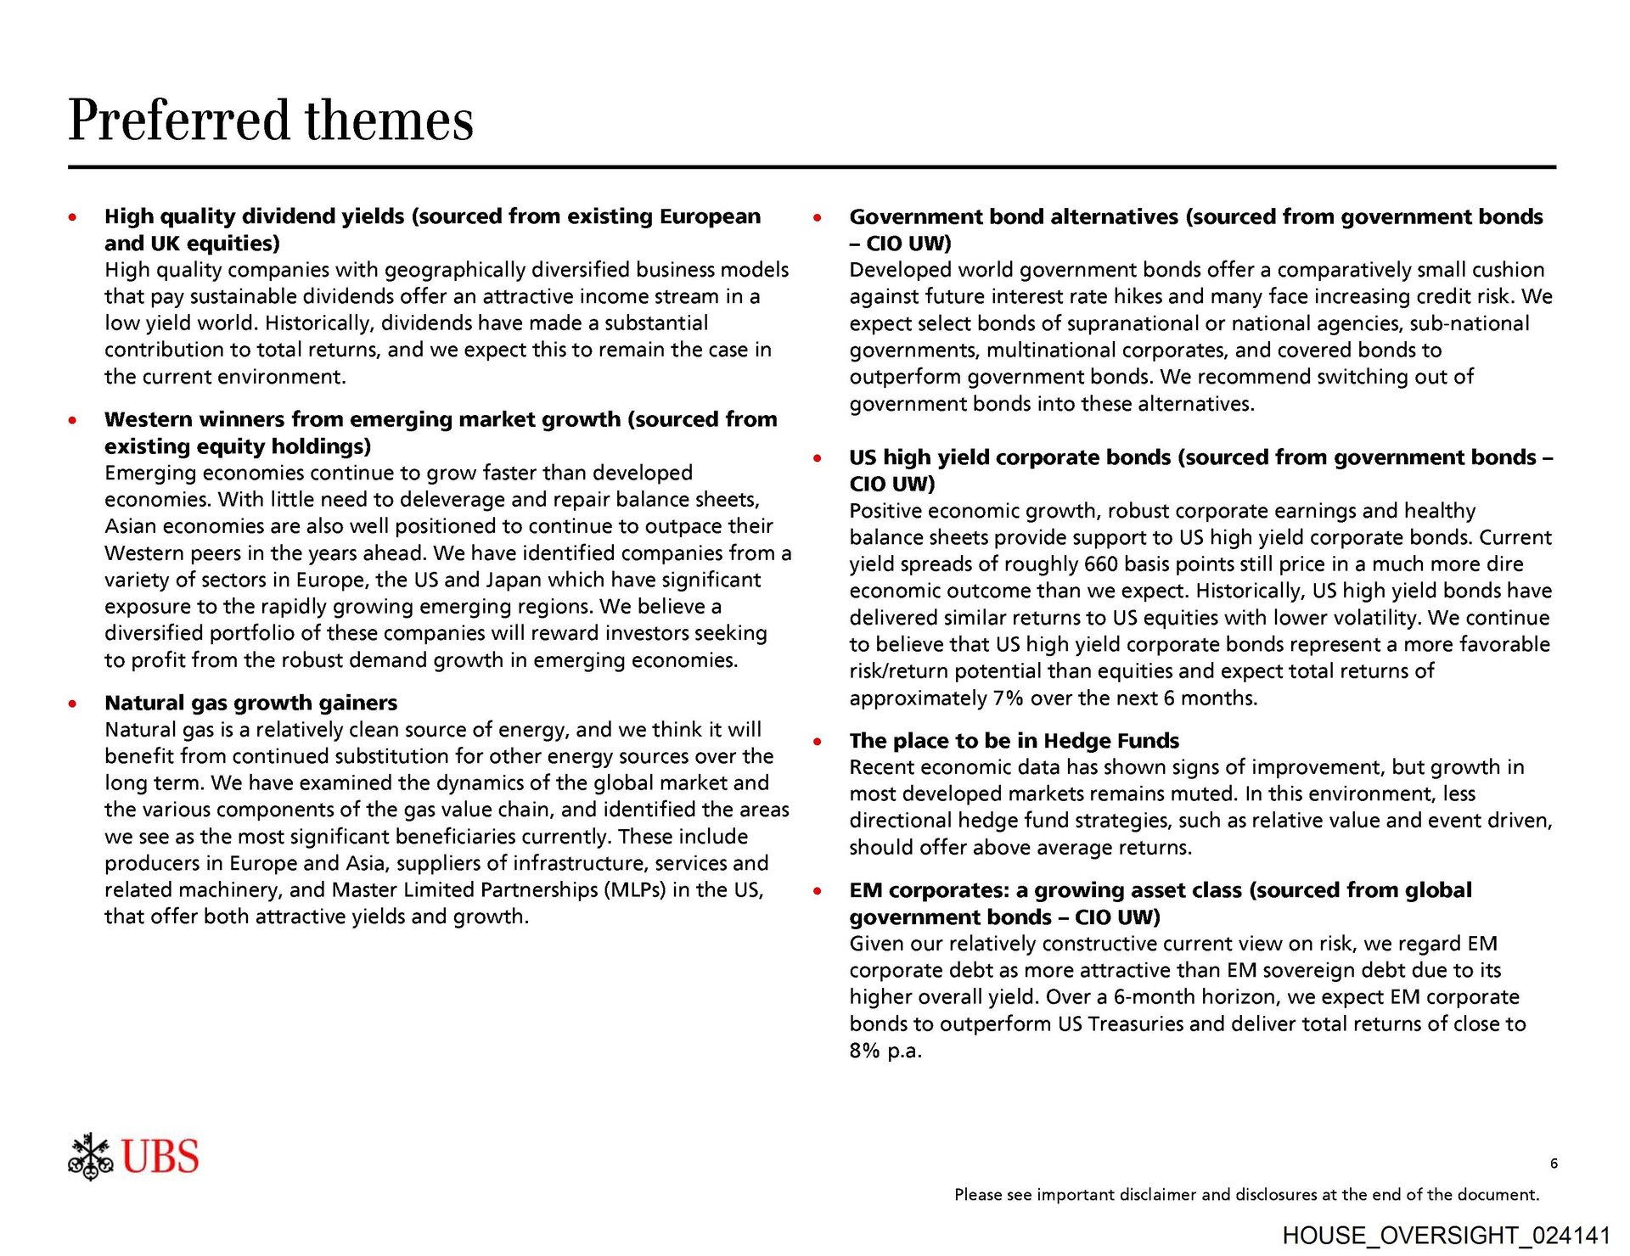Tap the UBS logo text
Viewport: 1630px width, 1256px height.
pos(160,1157)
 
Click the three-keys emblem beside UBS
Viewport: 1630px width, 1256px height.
pos(91,1157)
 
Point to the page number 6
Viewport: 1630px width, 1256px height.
pos(1554,1163)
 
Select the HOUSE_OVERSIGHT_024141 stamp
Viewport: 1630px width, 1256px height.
pos(1446,1236)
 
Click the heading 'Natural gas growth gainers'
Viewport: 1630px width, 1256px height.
pos(250,703)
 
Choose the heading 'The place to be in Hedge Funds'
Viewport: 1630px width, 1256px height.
pos(1014,741)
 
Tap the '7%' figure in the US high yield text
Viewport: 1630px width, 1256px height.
pos(1008,698)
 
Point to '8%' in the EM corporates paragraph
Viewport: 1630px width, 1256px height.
pos(864,1051)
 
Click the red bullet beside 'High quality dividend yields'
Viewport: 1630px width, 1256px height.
pos(74,217)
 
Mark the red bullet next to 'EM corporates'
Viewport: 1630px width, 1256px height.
pos(818,891)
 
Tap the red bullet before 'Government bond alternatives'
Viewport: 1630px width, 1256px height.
pos(818,217)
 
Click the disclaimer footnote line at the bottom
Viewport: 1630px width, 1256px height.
pos(1246,1195)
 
